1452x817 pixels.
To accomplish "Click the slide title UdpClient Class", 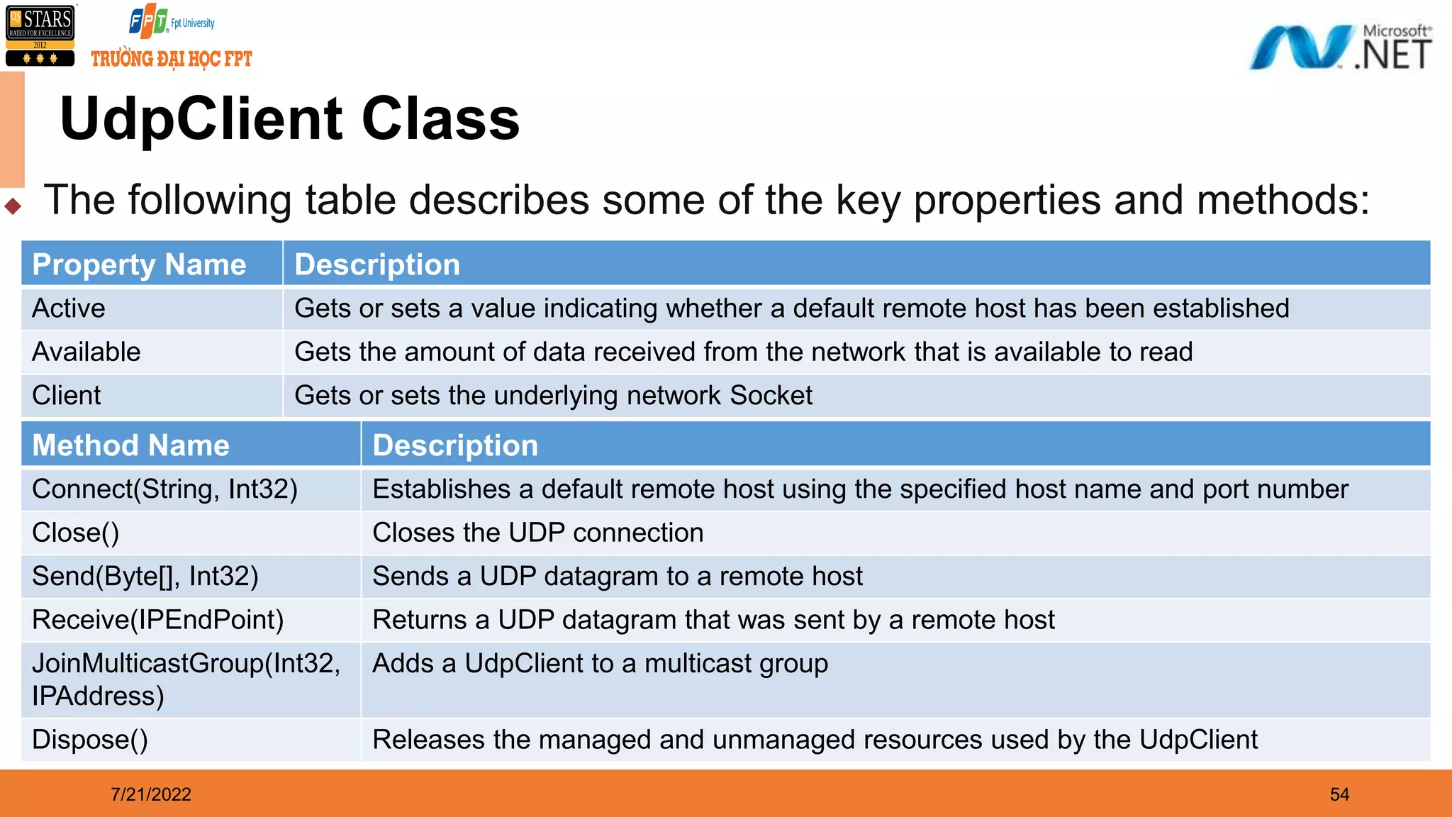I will pyautogui.click(x=289, y=119).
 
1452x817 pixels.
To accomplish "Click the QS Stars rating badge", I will pyautogui.click(x=40, y=35).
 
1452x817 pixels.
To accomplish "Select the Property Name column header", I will pyautogui.click(x=139, y=265).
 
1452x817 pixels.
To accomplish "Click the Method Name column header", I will pyautogui.click(x=131, y=445).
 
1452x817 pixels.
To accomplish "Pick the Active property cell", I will pyautogui.click(x=69, y=309).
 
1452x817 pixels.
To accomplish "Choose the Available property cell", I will pyautogui.click(x=86, y=352).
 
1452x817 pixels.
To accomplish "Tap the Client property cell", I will pyautogui.click(x=67, y=396).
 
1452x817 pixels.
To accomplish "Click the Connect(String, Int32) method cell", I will pyautogui.click(x=164, y=489).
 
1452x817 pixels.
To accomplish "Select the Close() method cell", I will pyautogui.click(x=76, y=533).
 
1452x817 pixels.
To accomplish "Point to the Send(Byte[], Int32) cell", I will pyautogui.click(x=145, y=576).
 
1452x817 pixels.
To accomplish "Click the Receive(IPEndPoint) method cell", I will pyautogui.click(x=158, y=620).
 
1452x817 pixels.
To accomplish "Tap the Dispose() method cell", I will pyautogui.click(x=90, y=740).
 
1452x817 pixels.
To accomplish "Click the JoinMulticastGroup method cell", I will pyautogui.click(x=186, y=679).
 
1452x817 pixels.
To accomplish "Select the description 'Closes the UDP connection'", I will pyautogui.click(x=538, y=533).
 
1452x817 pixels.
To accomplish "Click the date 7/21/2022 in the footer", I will pyautogui.click(x=151, y=794).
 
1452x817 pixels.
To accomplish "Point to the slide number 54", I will pyautogui.click(x=1339, y=794).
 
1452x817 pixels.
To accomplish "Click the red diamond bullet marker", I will pyautogui.click(x=13, y=206).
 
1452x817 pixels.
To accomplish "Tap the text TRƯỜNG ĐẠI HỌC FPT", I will pyautogui.click(x=172, y=59).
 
